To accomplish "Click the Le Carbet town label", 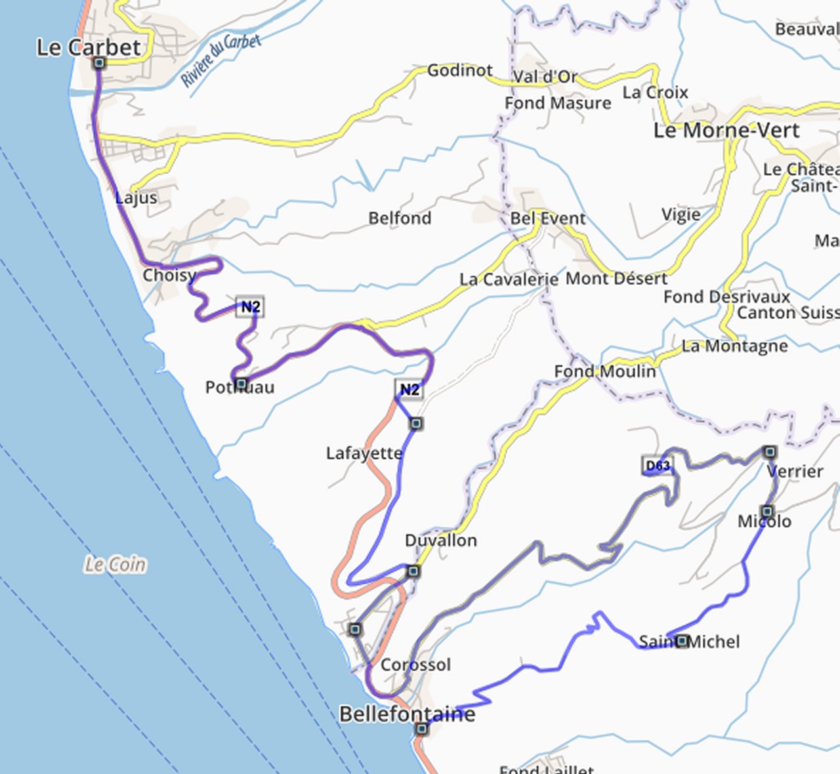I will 88,47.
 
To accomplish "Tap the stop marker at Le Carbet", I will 99,63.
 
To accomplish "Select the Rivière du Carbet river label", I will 220,60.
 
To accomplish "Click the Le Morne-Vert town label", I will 726,130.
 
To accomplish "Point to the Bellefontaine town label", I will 407,714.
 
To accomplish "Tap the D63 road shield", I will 657,466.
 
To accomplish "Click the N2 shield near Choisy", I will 250,306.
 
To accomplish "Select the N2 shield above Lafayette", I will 409,390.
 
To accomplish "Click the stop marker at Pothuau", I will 241,383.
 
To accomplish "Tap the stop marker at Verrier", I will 770,452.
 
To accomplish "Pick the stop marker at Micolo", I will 766,511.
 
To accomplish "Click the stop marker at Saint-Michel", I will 682,640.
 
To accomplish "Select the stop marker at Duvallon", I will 413,571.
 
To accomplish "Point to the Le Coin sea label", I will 115,564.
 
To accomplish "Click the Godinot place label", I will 459,70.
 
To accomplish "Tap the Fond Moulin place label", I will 604,371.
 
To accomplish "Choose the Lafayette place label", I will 364,453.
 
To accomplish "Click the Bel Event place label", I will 547,218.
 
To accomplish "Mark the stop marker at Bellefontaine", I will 422,728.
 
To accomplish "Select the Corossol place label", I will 415,664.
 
